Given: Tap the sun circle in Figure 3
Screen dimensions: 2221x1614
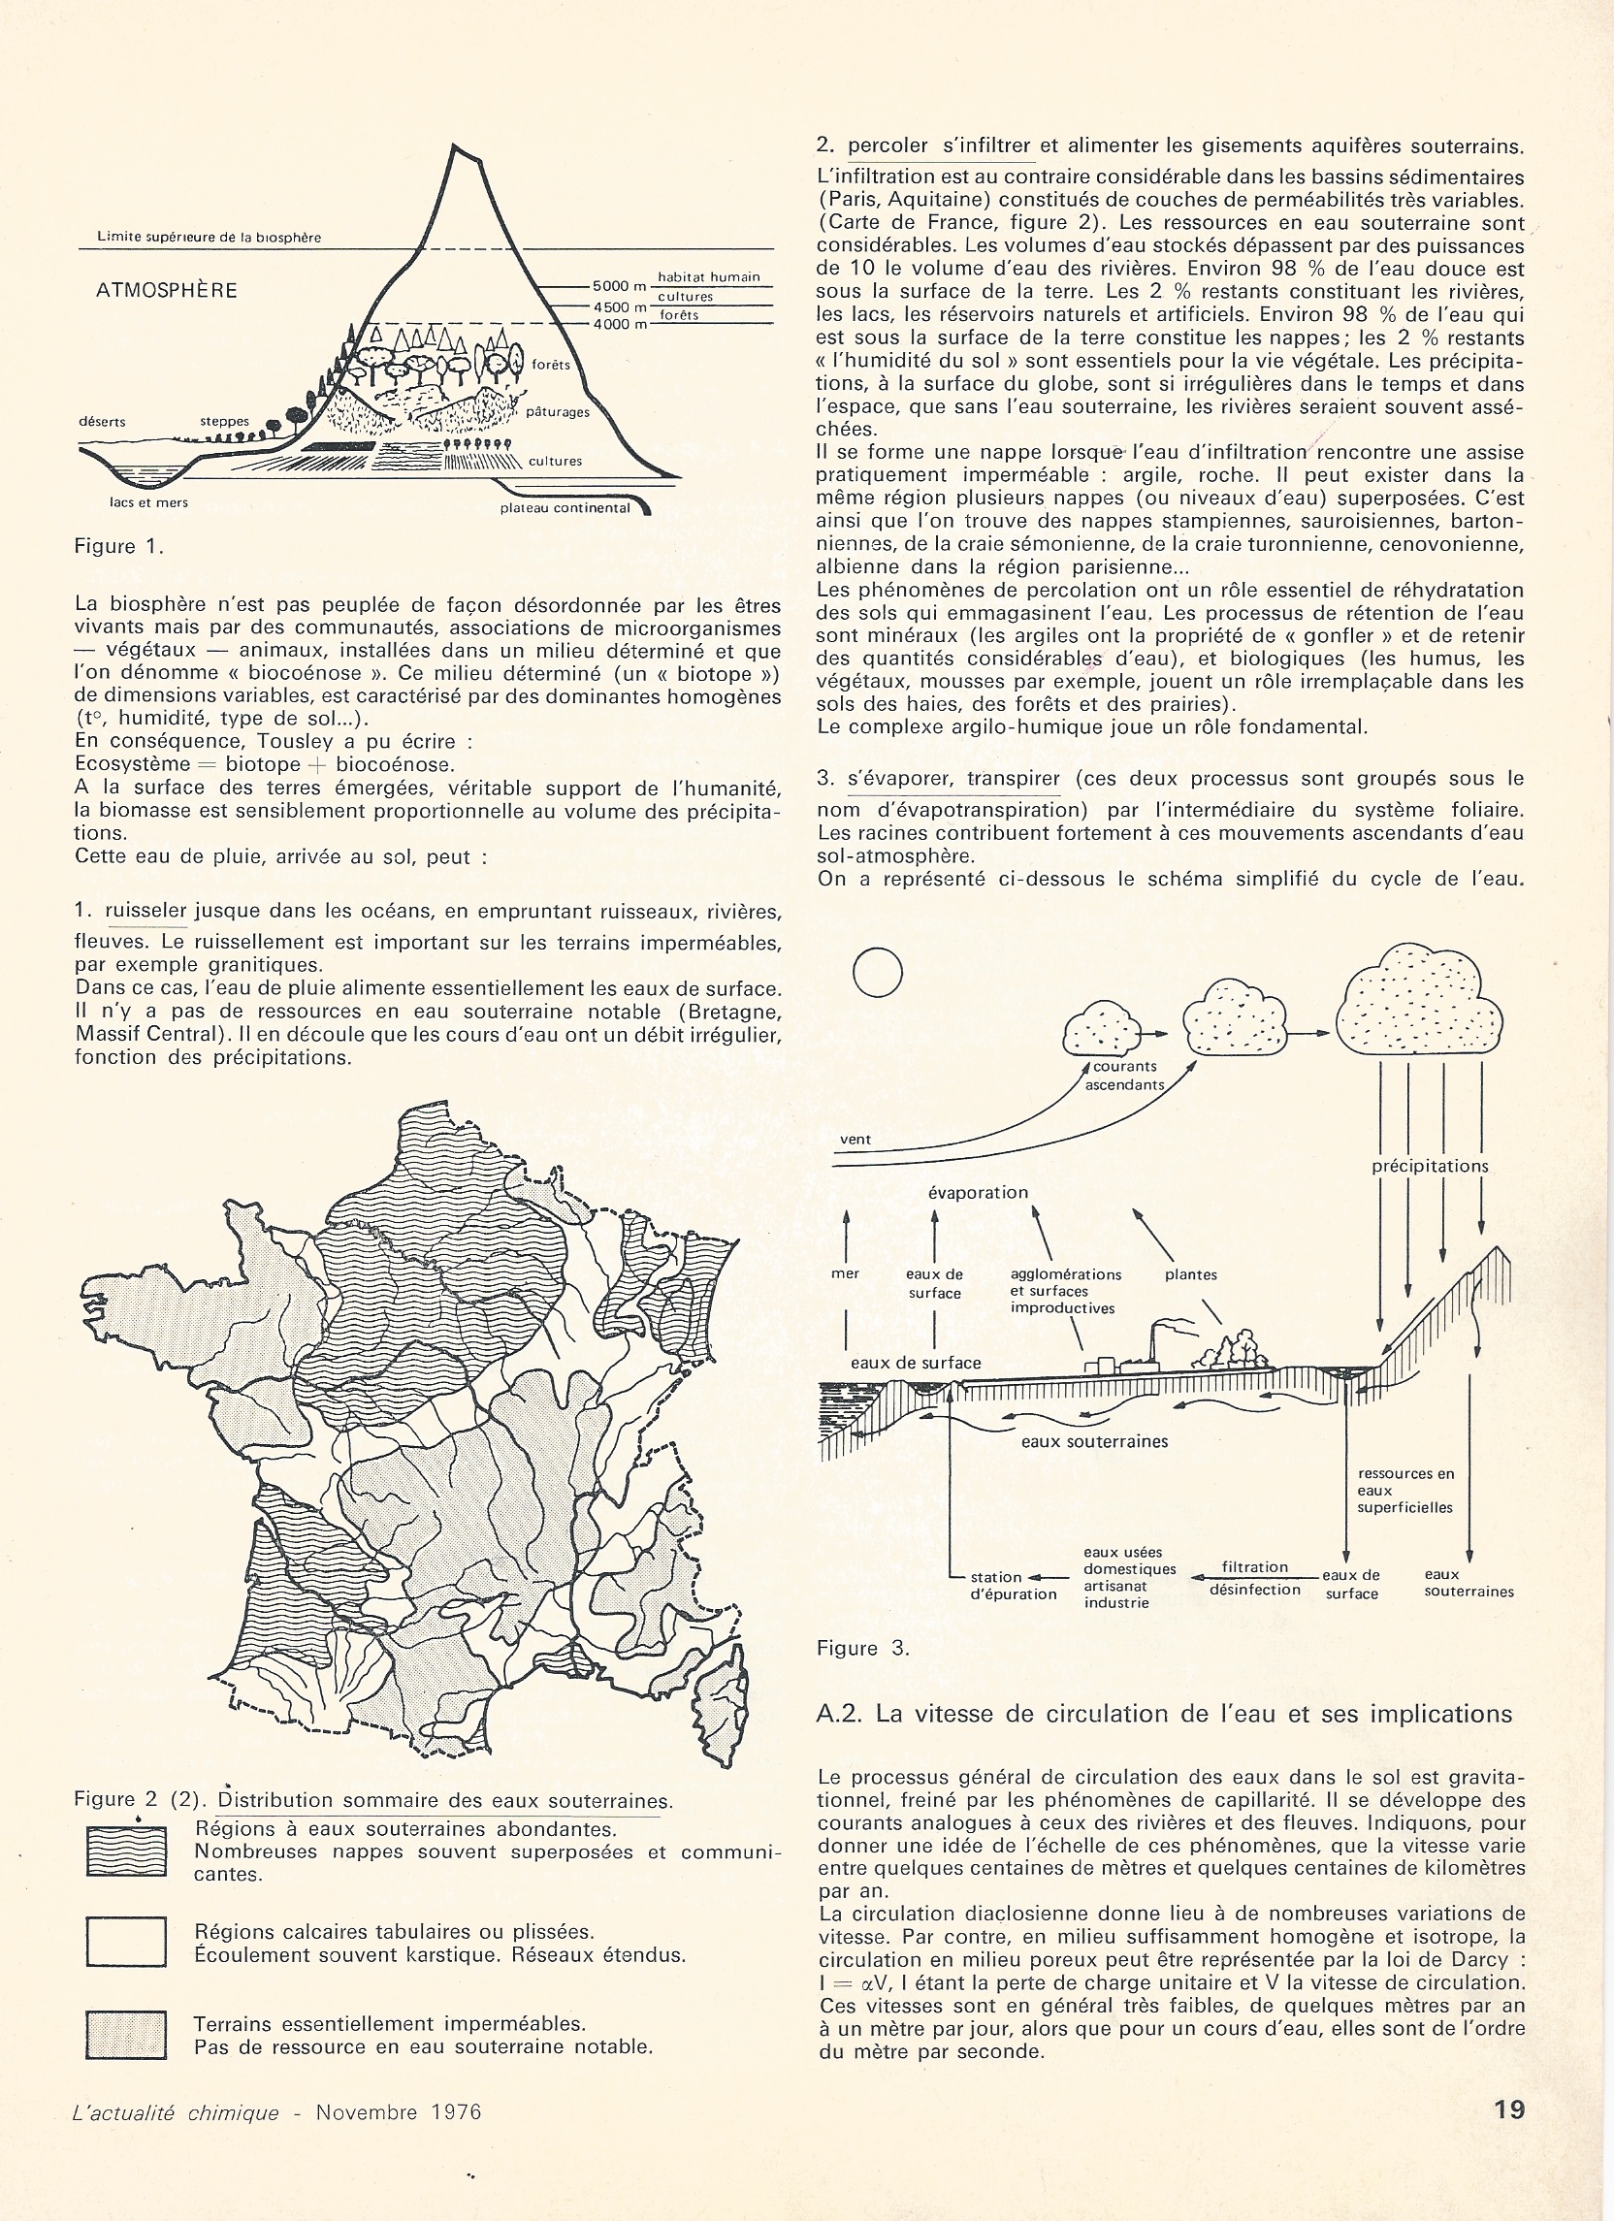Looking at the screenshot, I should click(x=878, y=973).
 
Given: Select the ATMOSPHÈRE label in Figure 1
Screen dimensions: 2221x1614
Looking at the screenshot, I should click(x=167, y=291).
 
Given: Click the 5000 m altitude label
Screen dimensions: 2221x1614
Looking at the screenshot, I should click(x=620, y=286).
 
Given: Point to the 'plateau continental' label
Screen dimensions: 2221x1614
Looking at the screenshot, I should click(x=565, y=508).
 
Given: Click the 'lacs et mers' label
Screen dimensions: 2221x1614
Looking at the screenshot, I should click(x=148, y=502).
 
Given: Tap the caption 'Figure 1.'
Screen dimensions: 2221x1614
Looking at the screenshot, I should click(x=118, y=546).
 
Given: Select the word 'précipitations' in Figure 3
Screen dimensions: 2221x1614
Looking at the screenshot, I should click(x=1430, y=1166).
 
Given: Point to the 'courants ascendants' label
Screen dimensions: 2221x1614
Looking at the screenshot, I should click(x=1125, y=1076).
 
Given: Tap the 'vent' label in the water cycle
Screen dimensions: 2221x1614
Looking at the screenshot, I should click(x=855, y=1140).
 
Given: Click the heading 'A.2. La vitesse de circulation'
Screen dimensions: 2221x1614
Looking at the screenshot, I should click(x=1164, y=1714).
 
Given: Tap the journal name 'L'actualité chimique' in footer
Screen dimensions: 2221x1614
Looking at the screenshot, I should click(x=177, y=2112).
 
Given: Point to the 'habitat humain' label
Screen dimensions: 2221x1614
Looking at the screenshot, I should click(x=708, y=277).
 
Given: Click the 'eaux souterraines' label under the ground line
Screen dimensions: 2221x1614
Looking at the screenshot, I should click(x=1094, y=1441).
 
